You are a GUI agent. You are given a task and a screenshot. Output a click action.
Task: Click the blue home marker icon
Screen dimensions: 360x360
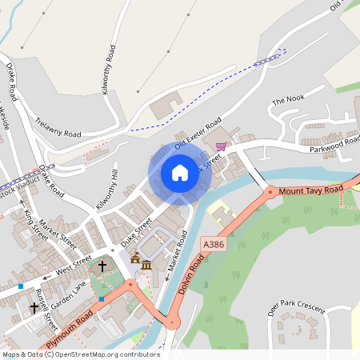tap(179, 172)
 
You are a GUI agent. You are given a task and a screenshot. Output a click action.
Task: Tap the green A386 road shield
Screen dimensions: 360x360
tap(214, 244)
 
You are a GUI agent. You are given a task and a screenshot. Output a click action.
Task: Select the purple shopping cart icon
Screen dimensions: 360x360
tap(221, 146)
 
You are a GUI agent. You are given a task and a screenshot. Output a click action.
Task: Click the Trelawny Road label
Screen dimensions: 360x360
tap(58, 127)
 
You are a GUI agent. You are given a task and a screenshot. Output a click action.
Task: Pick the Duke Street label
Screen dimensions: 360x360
tap(135, 233)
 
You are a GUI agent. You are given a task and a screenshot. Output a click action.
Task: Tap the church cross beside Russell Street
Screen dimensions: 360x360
tap(35, 306)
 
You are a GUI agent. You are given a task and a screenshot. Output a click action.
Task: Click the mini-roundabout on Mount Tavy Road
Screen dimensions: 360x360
tap(270, 192)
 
